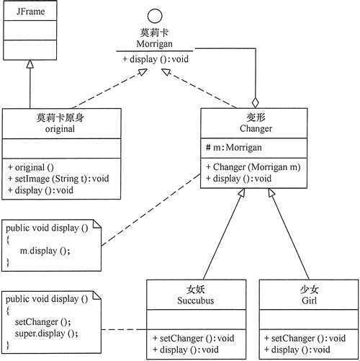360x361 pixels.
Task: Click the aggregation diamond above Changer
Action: (254, 102)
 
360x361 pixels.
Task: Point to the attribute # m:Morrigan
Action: (234, 147)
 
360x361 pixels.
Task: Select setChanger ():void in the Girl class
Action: (302, 338)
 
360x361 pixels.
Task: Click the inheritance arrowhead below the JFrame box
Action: (30, 64)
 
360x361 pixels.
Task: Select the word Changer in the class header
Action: (255, 130)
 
